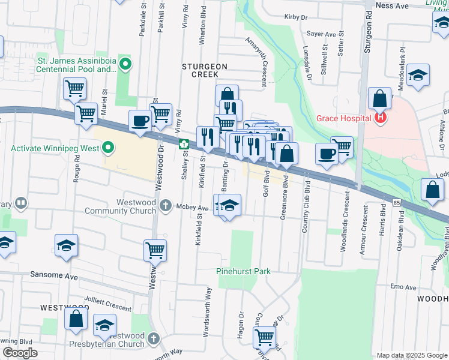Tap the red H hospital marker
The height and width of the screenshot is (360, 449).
coord(379,118)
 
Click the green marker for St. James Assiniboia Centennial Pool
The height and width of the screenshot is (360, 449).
coord(125,64)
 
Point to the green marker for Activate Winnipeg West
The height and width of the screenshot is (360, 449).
coord(108,147)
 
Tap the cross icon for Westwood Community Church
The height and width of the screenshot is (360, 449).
coord(166,206)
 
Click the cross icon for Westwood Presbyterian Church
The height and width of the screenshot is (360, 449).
coord(154,339)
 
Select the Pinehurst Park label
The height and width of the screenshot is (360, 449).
coord(243,271)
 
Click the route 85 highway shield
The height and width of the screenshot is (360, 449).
coord(397,203)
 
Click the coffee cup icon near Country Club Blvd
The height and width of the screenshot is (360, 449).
coord(327,153)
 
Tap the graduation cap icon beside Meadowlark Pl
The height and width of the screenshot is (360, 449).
coord(418,75)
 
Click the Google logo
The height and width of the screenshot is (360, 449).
coord(20,353)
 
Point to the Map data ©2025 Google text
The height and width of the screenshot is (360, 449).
coord(411,355)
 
